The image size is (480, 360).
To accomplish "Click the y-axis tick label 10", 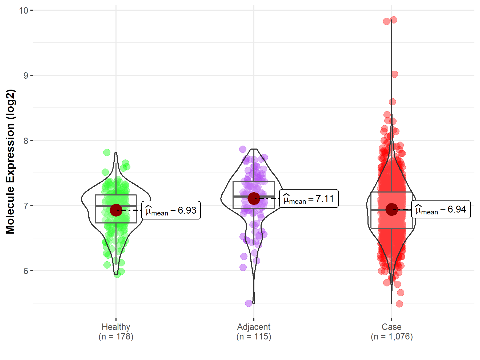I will (23, 10).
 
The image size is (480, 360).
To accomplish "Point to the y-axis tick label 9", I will (26, 75).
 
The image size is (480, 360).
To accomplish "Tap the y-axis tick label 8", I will (26, 141).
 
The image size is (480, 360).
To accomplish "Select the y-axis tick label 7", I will (26, 206).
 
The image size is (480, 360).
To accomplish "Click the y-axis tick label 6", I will (26, 271).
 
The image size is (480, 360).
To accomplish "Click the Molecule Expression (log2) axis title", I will (10, 162).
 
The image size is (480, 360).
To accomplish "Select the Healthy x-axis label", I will (116, 327).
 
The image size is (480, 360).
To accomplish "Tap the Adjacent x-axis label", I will (254, 327).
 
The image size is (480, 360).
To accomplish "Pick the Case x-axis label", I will (391, 327).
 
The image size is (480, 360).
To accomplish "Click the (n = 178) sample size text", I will (116, 337).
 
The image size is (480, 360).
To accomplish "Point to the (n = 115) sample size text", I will (254, 337).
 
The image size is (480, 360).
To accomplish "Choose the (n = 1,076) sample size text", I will (391, 337).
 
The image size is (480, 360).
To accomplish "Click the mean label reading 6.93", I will (171, 210).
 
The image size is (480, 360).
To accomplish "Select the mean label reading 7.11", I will (309, 199).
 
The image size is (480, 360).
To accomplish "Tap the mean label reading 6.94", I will (441, 209).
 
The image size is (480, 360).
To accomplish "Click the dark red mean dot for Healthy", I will (116, 210).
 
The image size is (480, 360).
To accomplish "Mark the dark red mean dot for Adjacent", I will (254, 198).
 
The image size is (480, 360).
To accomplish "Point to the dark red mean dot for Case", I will (392, 209).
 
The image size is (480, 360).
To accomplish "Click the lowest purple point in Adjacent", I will (249, 303).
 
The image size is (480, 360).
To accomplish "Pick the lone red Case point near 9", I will (395, 74).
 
